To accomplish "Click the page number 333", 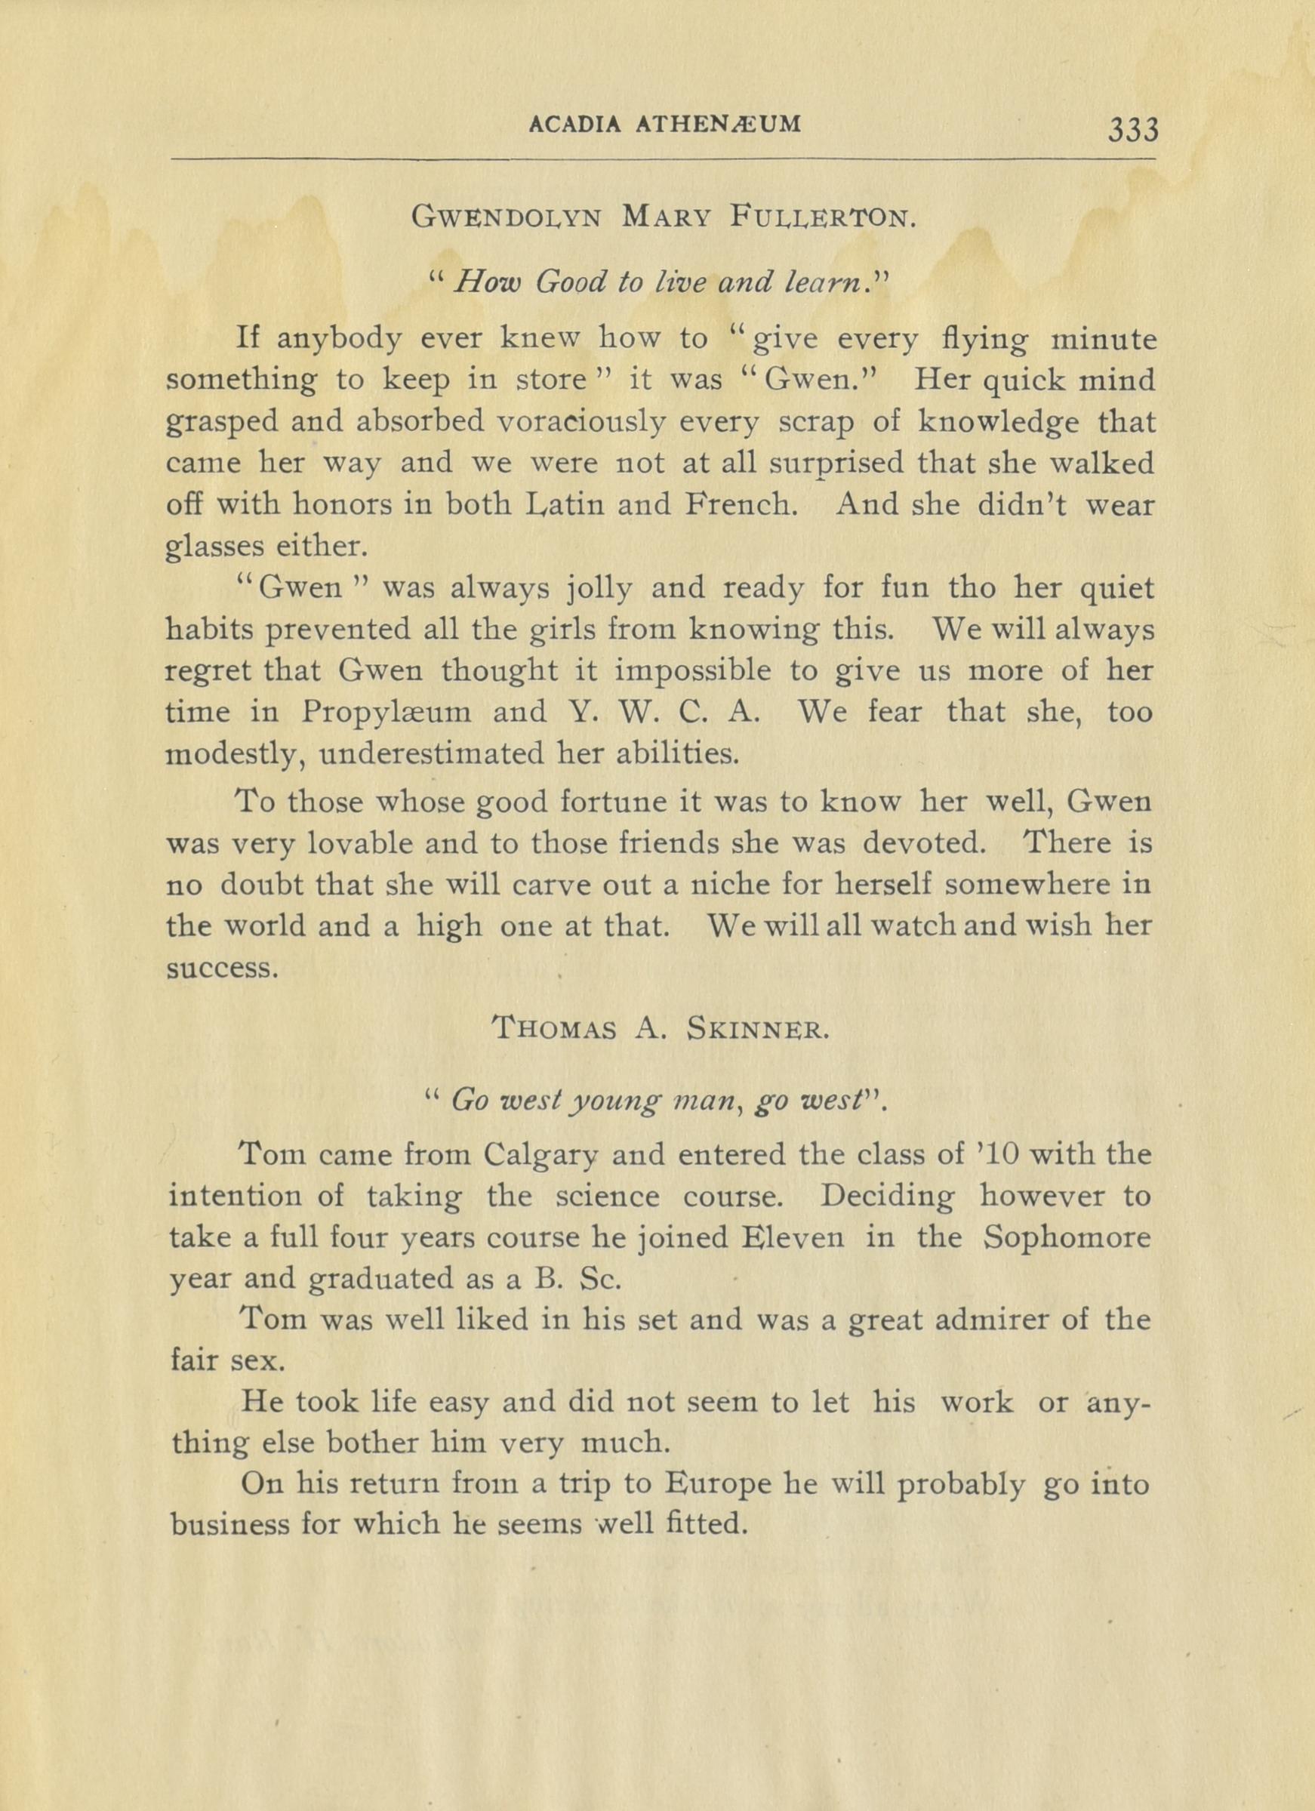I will point(1132,128).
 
